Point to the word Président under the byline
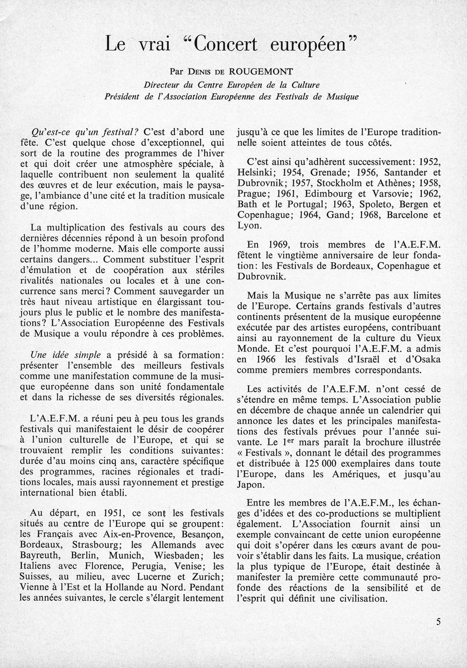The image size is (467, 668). pyautogui.click(x=124, y=96)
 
